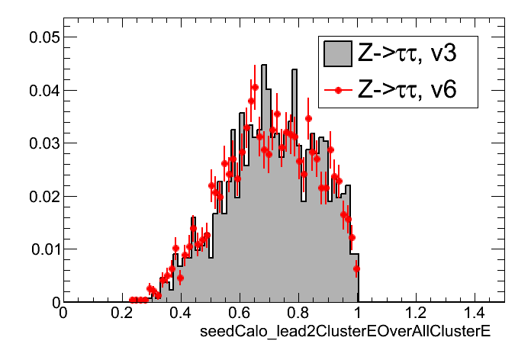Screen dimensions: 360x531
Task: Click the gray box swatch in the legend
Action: click(336, 53)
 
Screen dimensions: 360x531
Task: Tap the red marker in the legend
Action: click(336, 90)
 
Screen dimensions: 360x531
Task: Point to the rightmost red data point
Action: click(356, 268)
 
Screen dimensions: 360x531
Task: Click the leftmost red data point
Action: click(132, 300)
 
